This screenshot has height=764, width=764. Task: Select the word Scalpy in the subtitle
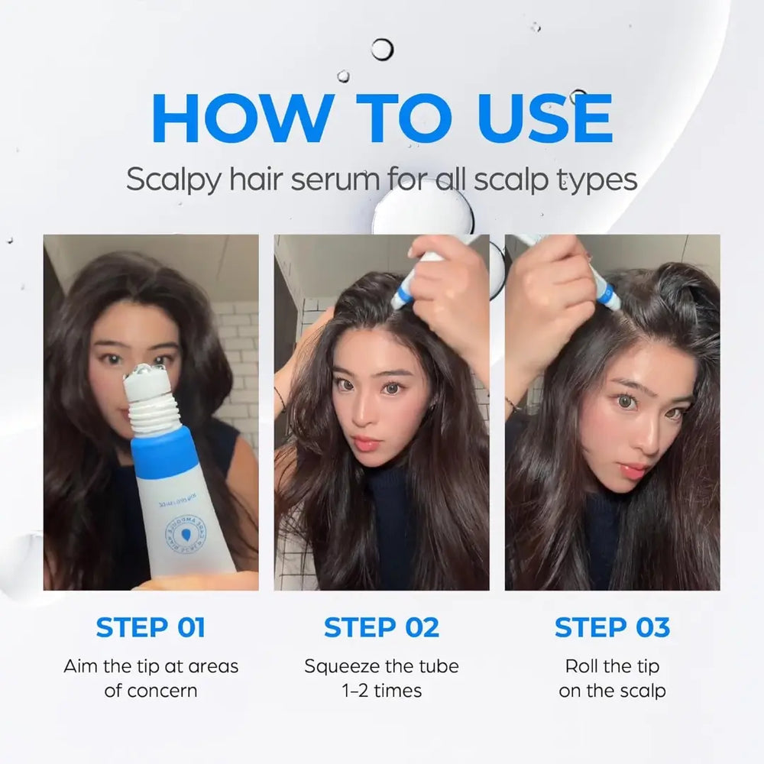(x=173, y=182)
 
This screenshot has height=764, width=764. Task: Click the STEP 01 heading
(x=151, y=627)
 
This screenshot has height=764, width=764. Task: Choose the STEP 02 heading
(x=381, y=627)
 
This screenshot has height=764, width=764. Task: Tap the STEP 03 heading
(x=612, y=627)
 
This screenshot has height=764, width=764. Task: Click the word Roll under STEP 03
(x=583, y=665)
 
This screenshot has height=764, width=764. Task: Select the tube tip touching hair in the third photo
(x=608, y=297)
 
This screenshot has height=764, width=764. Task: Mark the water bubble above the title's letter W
(x=382, y=50)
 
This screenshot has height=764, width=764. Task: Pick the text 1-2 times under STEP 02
(x=381, y=691)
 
